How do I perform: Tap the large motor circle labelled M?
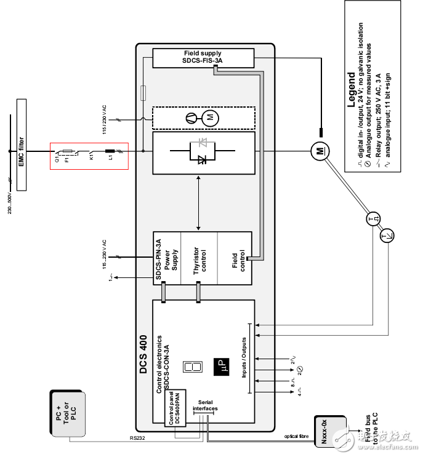318,149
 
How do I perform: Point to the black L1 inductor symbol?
111,149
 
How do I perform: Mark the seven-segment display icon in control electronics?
191,368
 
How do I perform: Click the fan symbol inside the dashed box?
192,116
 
